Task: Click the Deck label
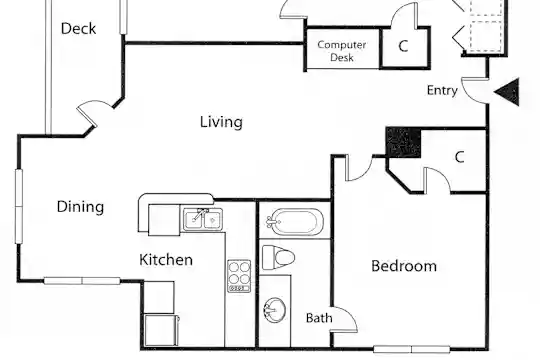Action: coord(78,29)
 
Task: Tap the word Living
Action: coord(221,122)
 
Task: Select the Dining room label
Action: coord(80,207)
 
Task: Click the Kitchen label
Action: coord(166,259)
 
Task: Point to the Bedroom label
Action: coord(404,266)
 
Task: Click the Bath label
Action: coord(319,318)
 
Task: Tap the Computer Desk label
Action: coord(342,51)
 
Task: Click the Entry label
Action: coord(442,90)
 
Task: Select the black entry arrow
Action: coord(507,92)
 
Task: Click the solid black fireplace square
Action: coord(403,142)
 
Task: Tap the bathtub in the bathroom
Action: coord(294,222)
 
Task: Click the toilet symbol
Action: coord(279,257)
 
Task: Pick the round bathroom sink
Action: coord(274,310)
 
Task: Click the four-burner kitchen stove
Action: coord(239,276)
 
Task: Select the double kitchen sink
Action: coord(203,219)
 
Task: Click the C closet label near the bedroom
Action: coord(459,157)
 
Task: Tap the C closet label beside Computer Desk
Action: coord(403,46)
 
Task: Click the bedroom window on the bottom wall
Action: coord(412,349)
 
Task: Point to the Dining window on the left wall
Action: coord(19,206)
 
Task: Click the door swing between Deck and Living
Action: coord(94,112)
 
